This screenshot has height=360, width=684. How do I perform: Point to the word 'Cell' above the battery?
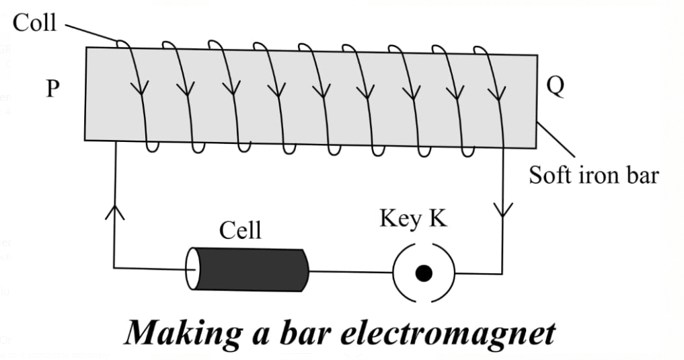pyautogui.click(x=240, y=231)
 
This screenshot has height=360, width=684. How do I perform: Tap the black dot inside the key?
pyautogui.click(x=424, y=273)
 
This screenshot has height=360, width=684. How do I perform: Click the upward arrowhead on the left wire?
pyautogui.click(x=115, y=212)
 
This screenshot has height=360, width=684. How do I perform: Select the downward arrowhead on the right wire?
pyautogui.click(x=502, y=210)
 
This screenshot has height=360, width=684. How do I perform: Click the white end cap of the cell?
pyautogui.click(x=192, y=269)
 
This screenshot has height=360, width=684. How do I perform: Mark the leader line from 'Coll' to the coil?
pyautogui.click(x=92, y=32)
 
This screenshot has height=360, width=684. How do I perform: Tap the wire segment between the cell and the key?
pyautogui.click(x=350, y=272)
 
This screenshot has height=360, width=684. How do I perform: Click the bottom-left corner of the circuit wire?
pyautogui.click(x=114, y=268)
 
